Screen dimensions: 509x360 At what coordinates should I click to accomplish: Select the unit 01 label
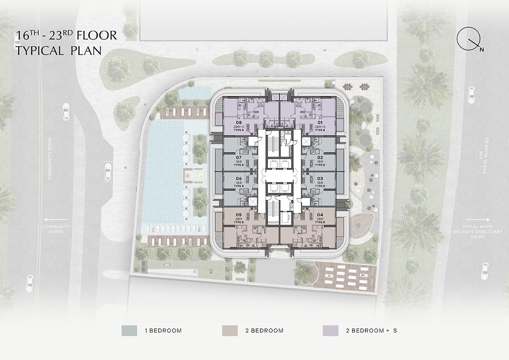pyautogui.click(x=320, y=122)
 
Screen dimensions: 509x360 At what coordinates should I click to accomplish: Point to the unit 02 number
pyautogui.click(x=320, y=157)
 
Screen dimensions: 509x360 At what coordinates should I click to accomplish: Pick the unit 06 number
pyautogui.click(x=238, y=179)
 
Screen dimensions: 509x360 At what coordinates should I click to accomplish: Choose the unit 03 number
pyautogui.click(x=320, y=179)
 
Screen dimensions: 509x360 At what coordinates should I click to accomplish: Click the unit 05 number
pyautogui.click(x=238, y=215)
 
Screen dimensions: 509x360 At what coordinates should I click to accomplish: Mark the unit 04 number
pyautogui.click(x=320, y=215)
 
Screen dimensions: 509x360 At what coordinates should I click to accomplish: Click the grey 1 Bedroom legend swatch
pyautogui.click(x=129, y=330)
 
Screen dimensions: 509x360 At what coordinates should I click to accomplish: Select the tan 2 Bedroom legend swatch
pyautogui.click(x=230, y=330)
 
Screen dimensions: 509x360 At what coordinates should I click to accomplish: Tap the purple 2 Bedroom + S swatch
pyautogui.click(x=330, y=330)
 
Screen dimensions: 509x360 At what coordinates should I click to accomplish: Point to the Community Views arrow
pyautogui.click(x=57, y=220)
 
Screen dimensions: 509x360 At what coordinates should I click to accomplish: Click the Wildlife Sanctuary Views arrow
pyautogui.click(x=477, y=220)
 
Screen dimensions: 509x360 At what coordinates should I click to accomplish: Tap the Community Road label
pyautogui.click(x=50, y=159)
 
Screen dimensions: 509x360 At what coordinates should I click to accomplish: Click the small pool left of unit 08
pyautogui.click(x=195, y=92)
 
